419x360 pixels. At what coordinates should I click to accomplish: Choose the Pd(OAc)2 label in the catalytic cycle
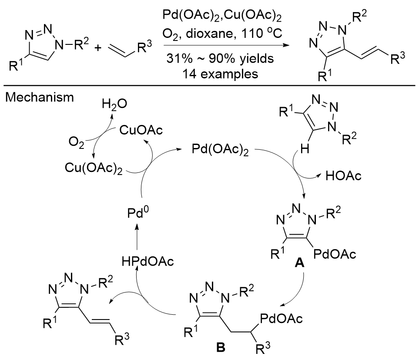[x=216, y=150]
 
